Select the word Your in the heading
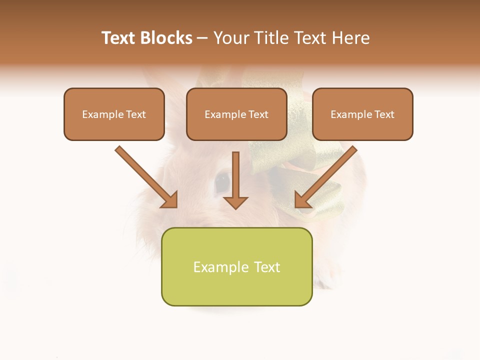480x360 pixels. [x=230, y=38]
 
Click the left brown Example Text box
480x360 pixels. [x=114, y=114]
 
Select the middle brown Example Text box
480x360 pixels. [x=236, y=114]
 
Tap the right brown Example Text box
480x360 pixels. [x=362, y=114]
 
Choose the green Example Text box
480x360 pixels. [x=236, y=267]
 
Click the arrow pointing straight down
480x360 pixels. [x=235, y=180]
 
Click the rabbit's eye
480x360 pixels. [x=222, y=182]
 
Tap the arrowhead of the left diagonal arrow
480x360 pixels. [x=170, y=200]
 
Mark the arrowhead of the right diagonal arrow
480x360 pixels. [x=301, y=200]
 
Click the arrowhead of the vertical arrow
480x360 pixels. [x=235, y=202]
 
